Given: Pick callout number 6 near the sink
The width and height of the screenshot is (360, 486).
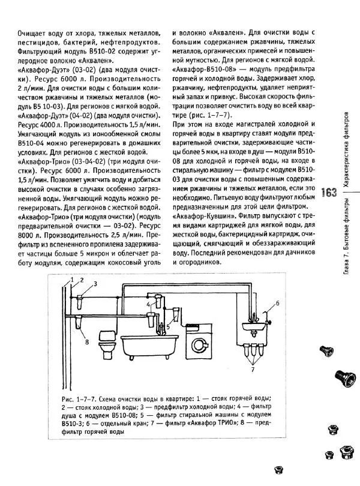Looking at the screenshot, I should pos(278,303).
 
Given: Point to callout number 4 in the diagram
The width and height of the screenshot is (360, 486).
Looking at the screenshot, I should pos(148,305).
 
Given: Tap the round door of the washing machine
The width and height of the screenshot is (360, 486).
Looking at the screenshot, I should pos(199,347).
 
